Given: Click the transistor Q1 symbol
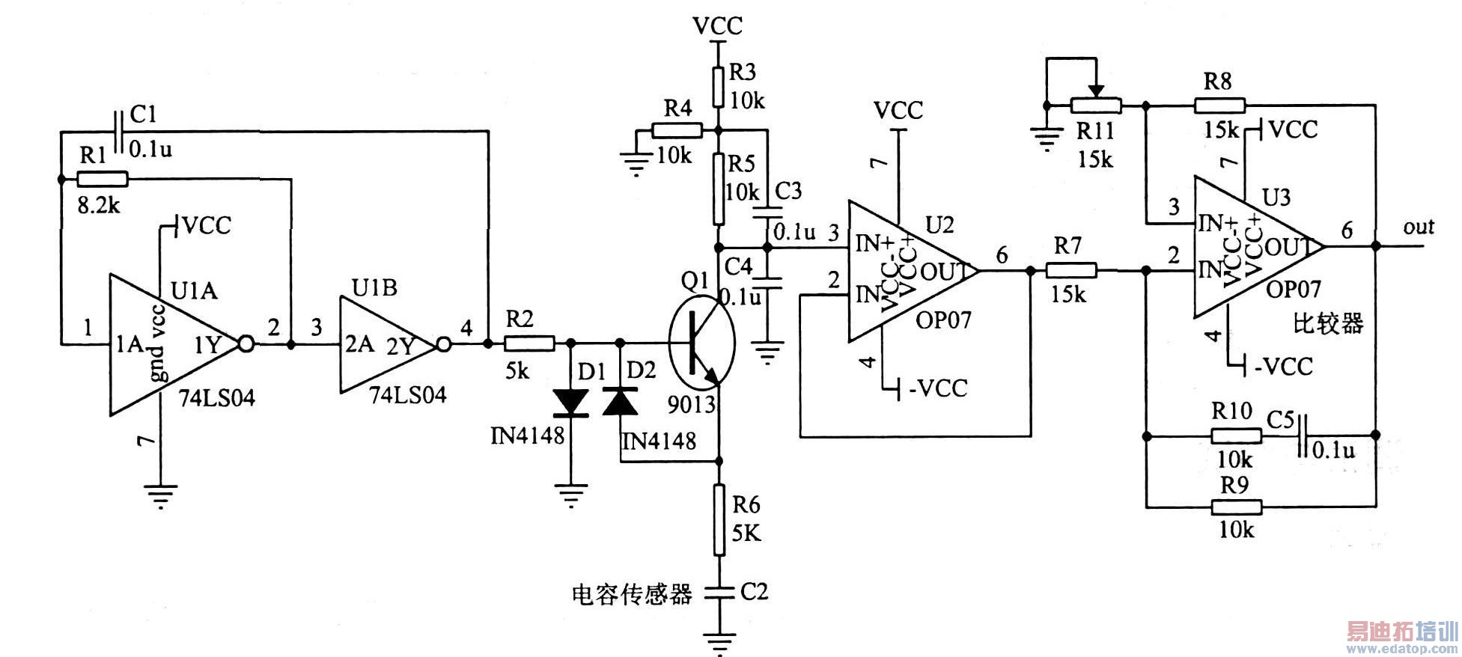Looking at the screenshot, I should (701, 343).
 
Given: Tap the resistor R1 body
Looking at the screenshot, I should (103, 179).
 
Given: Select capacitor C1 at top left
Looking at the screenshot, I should (118, 132).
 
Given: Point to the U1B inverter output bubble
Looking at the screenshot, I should (444, 344).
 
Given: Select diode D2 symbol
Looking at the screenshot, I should (620, 402).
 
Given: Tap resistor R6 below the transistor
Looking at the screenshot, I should (719, 519).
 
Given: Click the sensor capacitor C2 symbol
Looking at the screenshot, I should (719, 592).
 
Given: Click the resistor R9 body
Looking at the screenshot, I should (1237, 507).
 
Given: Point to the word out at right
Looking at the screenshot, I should (1418, 227).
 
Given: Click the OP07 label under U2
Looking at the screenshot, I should (943, 320).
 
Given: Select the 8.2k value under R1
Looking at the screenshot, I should (98, 204).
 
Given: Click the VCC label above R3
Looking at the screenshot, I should (717, 25).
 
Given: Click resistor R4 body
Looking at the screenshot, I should (677, 131).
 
